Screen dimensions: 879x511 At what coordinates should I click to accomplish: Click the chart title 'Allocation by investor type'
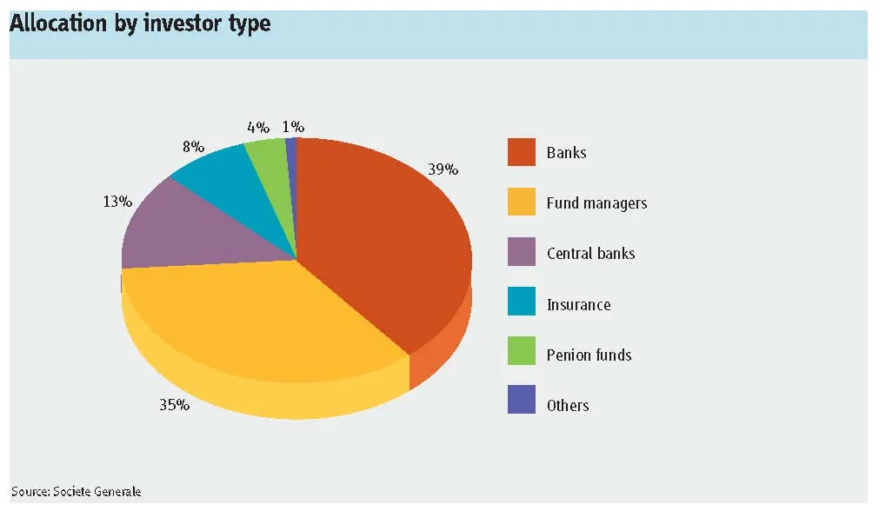pyautogui.click(x=140, y=23)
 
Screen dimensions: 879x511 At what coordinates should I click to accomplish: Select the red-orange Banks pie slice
pyautogui.click(x=381, y=241)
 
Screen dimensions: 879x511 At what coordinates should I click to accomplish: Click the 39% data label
pyautogui.click(x=443, y=169)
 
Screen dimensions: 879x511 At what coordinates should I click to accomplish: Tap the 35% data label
pyautogui.click(x=175, y=405)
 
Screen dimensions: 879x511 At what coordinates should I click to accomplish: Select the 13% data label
pyautogui.click(x=117, y=201)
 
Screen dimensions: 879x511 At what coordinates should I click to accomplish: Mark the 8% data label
pyautogui.click(x=193, y=147)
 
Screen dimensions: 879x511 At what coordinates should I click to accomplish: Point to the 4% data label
pyautogui.click(x=258, y=128)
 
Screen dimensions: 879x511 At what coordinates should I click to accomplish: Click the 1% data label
pyautogui.click(x=293, y=127)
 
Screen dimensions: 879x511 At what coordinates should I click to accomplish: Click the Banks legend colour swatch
pyautogui.click(x=522, y=152)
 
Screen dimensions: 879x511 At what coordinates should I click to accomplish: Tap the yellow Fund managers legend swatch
pyautogui.click(x=522, y=202)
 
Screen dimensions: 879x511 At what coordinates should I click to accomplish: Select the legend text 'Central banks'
pyautogui.click(x=591, y=253)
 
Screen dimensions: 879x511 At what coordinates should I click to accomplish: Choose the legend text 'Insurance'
pyautogui.click(x=578, y=304)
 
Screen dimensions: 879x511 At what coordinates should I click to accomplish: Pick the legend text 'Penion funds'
pyautogui.click(x=589, y=355)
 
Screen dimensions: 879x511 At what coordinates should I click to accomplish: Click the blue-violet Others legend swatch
pyautogui.click(x=522, y=400)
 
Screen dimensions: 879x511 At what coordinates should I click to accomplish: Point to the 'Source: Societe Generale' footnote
pyautogui.click(x=77, y=491)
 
